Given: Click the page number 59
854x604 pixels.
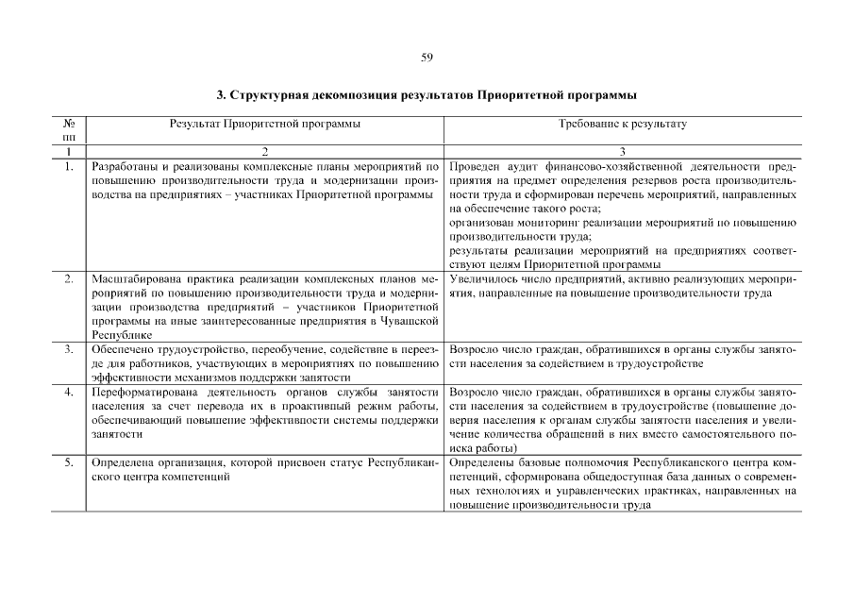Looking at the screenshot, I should pos(427,58).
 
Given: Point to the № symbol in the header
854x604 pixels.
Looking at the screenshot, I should pos(69,124).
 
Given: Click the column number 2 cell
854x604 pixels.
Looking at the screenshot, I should pos(265,151).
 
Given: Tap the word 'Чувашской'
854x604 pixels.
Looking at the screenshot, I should pos(409,321).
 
